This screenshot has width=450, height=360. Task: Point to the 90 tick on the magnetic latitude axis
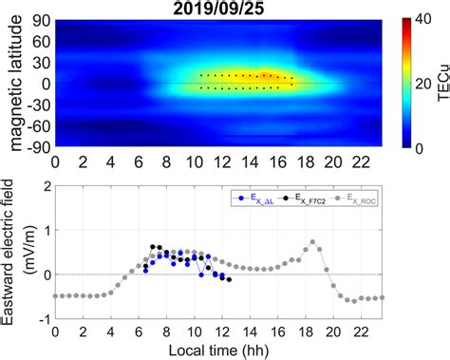coord(44,18)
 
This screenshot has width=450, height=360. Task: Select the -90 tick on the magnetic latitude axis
coord(41,148)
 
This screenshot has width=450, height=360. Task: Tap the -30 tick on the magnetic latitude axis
coord(41,105)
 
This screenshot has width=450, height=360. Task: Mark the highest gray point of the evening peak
coord(313,242)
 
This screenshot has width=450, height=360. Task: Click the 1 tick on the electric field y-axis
coord(45,231)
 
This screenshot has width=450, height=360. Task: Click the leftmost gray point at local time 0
coord(55,295)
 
